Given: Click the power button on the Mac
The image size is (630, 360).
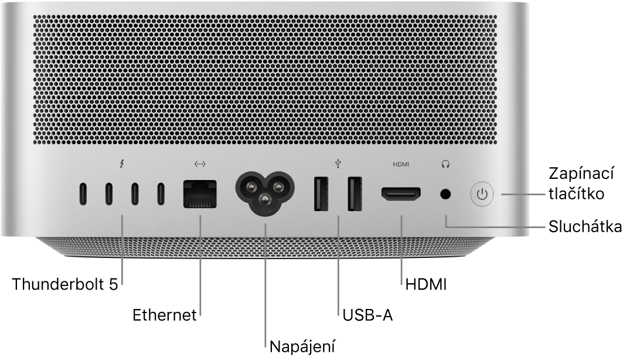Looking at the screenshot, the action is pyautogui.click(x=482, y=195).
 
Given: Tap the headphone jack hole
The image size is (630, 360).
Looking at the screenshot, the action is pyautogui.click(x=445, y=195).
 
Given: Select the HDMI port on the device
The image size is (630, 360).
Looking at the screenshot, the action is pyautogui.click(x=401, y=195).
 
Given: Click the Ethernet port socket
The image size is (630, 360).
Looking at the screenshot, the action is pyautogui.click(x=200, y=195).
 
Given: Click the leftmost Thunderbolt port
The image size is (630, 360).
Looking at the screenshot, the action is pyautogui.click(x=83, y=194).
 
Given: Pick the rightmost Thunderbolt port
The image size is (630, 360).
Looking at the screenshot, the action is pyautogui.click(x=161, y=194).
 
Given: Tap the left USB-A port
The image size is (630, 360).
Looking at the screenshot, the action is pyautogui.click(x=321, y=193).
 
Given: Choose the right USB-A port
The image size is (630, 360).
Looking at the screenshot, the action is pyautogui.click(x=355, y=193).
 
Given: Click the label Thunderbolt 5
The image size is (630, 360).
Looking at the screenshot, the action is pyautogui.click(x=65, y=284).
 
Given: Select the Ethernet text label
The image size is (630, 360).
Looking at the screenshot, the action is pyautogui.click(x=165, y=315).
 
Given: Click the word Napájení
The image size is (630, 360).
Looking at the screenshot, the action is pyautogui.click(x=302, y=347).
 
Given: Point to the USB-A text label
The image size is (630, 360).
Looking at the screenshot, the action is pyautogui.click(x=367, y=315).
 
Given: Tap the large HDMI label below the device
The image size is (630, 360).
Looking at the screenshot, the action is pyautogui.click(x=426, y=284).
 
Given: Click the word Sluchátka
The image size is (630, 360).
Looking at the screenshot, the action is pyautogui.click(x=585, y=227).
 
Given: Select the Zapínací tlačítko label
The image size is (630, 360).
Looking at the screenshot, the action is pyautogui.click(x=581, y=184).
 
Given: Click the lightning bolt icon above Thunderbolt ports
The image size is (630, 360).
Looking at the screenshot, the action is pyautogui.click(x=122, y=164).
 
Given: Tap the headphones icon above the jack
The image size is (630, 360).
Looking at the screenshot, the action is pyautogui.click(x=445, y=164).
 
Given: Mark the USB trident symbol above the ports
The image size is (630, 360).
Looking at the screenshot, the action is pyautogui.click(x=338, y=164).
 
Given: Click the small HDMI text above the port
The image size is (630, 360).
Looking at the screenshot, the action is pyautogui.click(x=401, y=164).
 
